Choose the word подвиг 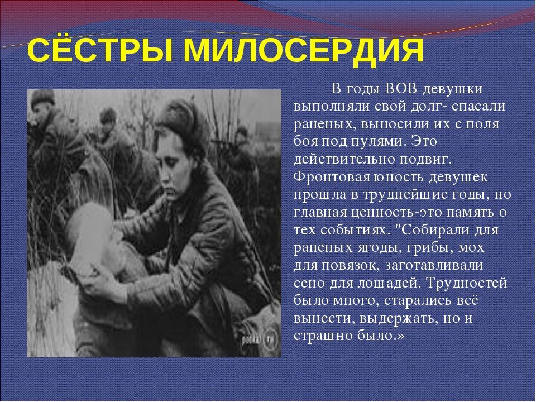click(425, 159)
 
